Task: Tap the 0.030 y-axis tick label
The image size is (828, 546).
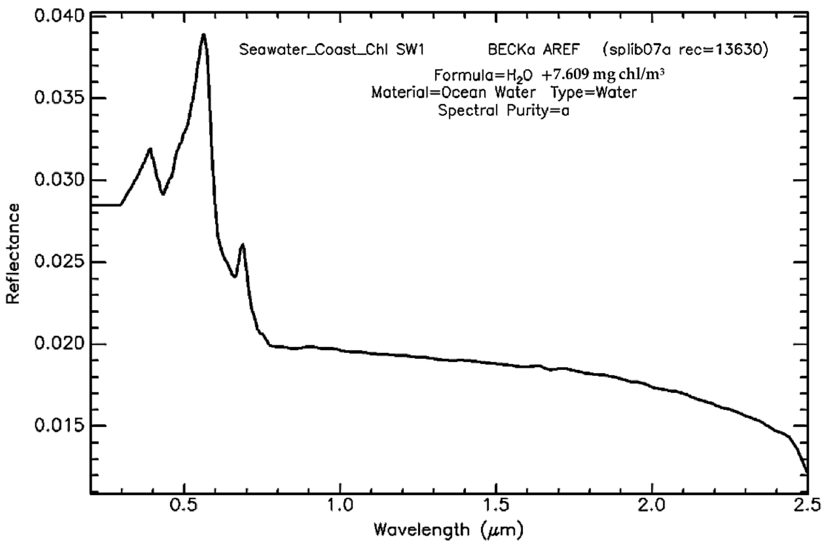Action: (59, 180)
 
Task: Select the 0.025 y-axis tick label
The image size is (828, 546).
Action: (59, 262)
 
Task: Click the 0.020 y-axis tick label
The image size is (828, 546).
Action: (59, 344)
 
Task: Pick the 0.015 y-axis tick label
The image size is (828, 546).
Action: (59, 426)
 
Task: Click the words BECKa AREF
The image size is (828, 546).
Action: (534, 50)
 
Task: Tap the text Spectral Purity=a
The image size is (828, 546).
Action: (503, 111)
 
